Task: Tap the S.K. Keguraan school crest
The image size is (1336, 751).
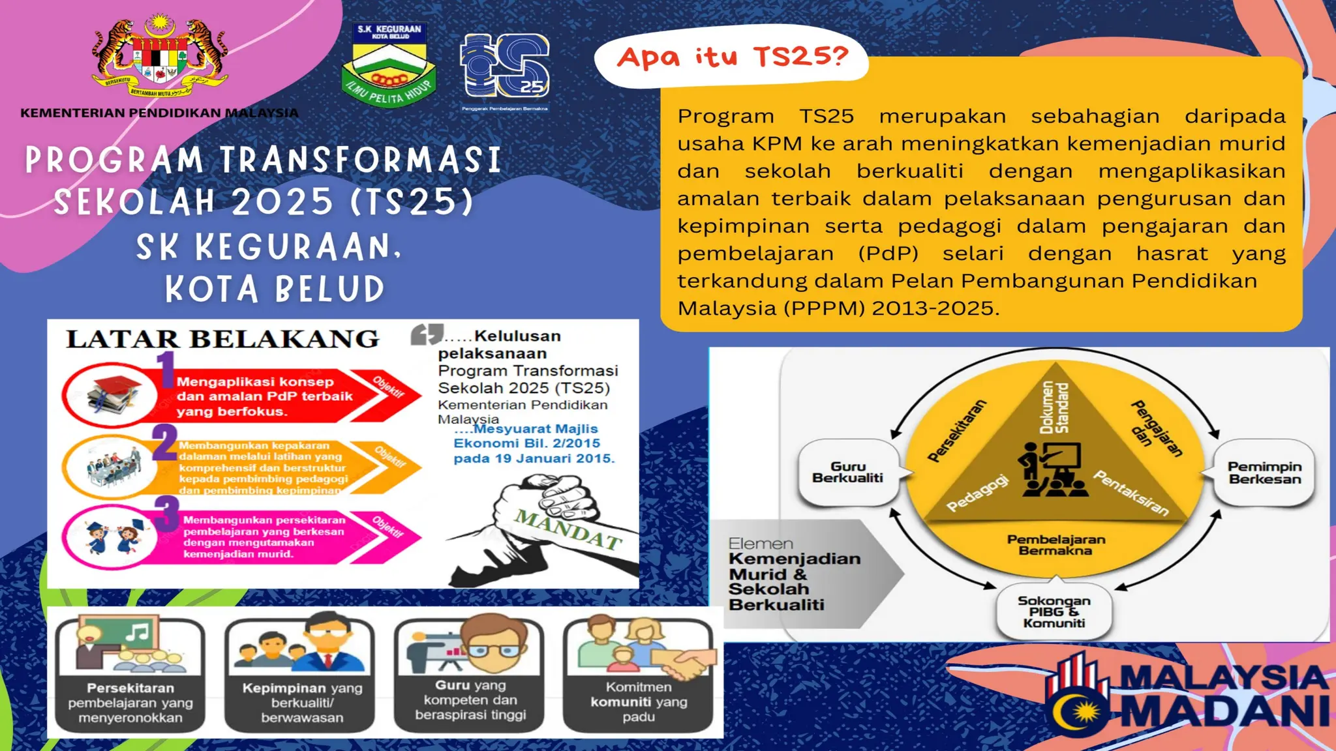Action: click(389, 65)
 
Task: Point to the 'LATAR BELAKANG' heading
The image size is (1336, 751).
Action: click(222, 339)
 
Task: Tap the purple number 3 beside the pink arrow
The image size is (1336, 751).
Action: click(166, 512)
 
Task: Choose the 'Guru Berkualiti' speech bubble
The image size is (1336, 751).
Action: click(847, 473)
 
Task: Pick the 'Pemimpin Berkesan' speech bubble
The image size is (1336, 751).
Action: click(1264, 473)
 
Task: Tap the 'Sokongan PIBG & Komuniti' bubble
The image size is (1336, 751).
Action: click(1054, 611)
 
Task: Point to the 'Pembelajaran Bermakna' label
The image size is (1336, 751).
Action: click(1055, 545)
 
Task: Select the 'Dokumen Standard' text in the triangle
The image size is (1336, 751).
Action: click(1054, 407)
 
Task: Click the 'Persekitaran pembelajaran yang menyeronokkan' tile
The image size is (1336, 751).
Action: click(130, 675)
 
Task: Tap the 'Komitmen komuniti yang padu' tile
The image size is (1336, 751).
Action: click(638, 675)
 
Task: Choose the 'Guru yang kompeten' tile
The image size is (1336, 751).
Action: click(470, 675)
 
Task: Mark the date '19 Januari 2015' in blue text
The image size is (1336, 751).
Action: click(548, 458)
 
